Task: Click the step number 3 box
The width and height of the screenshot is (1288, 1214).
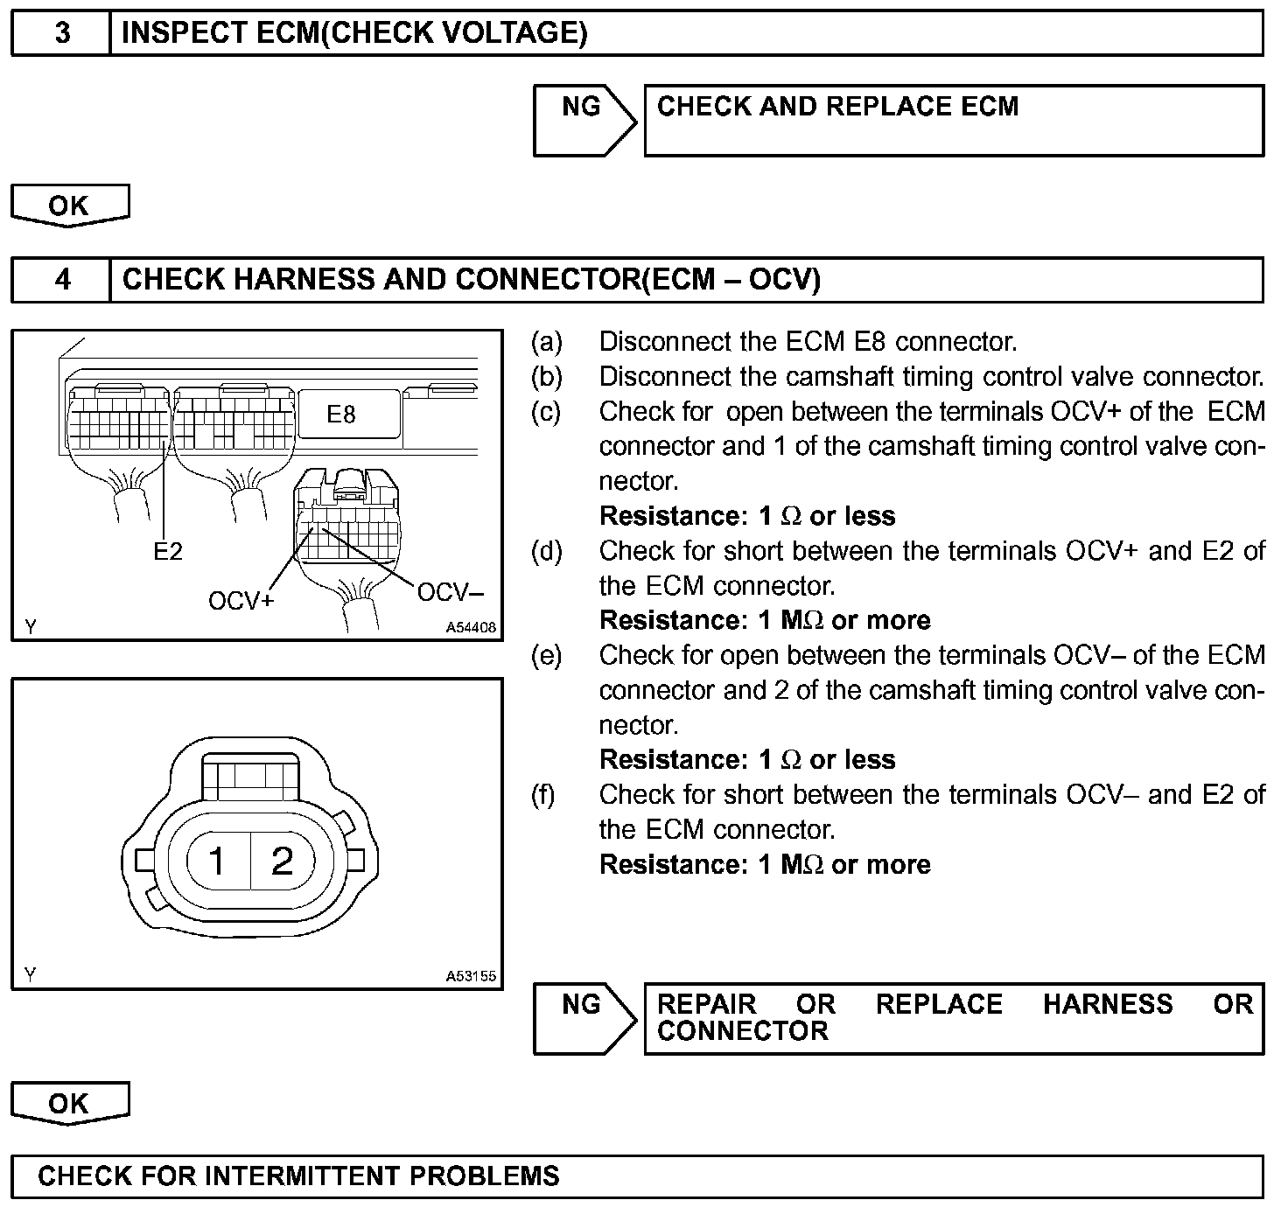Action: coord(61,34)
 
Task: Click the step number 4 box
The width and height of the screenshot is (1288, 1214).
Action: coord(61,280)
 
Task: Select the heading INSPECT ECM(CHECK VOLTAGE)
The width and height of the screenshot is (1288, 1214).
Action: coord(354,34)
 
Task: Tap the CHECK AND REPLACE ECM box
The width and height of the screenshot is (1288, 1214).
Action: coord(954,121)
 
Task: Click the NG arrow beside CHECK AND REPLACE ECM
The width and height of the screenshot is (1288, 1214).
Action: coord(584,121)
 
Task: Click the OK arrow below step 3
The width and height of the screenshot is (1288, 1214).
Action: coord(69,206)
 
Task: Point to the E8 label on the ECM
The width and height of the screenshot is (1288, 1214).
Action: coord(341,415)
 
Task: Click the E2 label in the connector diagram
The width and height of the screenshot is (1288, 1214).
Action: coord(167,552)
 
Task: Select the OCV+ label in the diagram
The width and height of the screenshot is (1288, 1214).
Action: coord(241,602)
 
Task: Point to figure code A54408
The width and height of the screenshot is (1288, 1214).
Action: coord(471,627)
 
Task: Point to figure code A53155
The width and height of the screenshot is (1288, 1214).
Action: coord(471,976)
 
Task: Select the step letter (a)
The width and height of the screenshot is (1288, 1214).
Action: coord(547,342)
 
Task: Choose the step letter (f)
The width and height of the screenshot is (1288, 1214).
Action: coord(543,795)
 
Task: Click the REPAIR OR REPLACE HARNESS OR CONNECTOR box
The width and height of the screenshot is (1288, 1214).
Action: coord(954,1018)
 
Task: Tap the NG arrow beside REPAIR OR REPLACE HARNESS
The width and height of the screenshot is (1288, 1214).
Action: coord(584,1018)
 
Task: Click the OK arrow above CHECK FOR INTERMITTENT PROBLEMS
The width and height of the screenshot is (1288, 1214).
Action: coord(69,1104)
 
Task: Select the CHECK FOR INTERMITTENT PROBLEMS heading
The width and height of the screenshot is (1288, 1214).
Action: coord(298,1176)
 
